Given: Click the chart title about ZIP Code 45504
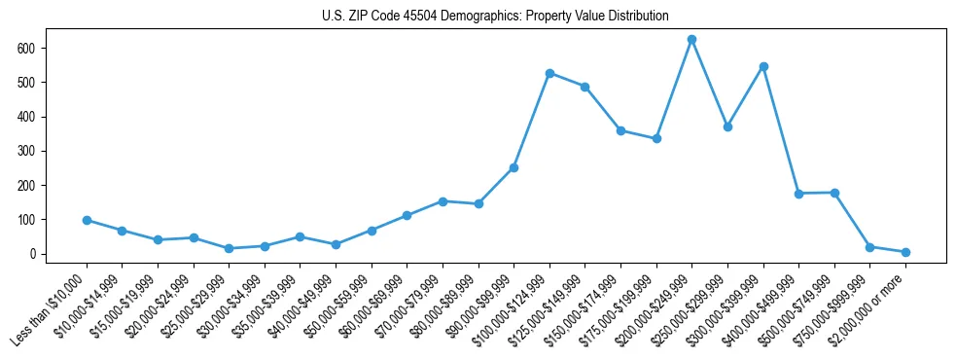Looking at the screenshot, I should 495,17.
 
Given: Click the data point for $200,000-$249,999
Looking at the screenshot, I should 691,40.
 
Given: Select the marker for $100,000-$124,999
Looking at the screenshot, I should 549,73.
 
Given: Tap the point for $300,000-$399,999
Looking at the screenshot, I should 763,66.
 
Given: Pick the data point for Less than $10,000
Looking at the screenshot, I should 87,220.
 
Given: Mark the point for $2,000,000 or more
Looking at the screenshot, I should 905,252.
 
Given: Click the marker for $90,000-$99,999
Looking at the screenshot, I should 513,167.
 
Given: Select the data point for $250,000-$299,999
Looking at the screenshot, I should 727,126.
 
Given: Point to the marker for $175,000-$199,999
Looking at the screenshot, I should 656,138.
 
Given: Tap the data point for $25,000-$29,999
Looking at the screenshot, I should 229,248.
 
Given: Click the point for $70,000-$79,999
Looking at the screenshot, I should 443,201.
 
